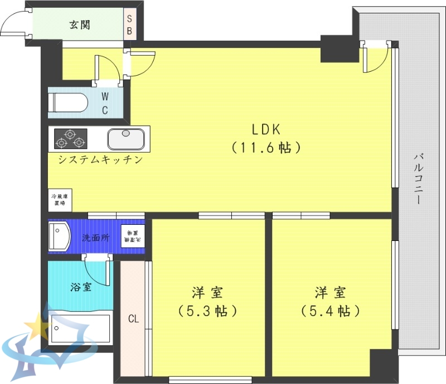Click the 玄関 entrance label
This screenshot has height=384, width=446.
click(x=80, y=25)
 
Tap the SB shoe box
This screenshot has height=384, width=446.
click(x=129, y=25)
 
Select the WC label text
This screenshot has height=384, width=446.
click(x=104, y=102)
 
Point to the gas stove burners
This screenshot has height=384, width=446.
click(x=71, y=139)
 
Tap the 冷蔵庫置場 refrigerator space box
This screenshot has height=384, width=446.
click(x=59, y=200)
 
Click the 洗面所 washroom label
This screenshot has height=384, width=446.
click(x=96, y=238)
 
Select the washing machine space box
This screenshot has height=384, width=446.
click(x=132, y=237)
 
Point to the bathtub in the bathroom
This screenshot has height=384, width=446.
click(x=79, y=329)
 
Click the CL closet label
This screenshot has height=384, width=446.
click(x=133, y=319)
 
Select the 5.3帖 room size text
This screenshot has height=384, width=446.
click(x=207, y=311)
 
